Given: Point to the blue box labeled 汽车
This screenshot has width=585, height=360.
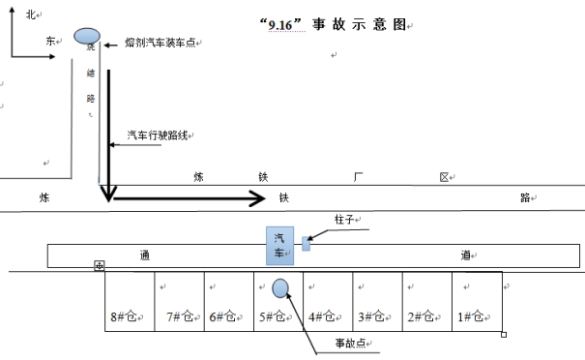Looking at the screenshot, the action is tap(280, 246).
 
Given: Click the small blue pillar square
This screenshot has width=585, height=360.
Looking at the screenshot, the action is tap(307, 244).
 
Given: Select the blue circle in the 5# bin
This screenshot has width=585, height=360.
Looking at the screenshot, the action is tap(281, 287).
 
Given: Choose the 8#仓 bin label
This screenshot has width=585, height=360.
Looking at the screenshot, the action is tap(127, 316).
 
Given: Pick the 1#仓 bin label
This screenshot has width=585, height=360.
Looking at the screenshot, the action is tap(471, 316).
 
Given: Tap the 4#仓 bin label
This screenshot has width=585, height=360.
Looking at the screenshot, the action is tap(323, 316).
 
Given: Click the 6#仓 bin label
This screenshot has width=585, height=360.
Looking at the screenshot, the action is tap(224, 316).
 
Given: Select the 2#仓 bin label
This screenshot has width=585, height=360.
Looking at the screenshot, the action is tap(422, 316).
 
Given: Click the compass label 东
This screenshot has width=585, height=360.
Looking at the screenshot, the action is tap(50, 41).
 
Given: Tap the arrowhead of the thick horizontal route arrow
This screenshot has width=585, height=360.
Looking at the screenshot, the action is tap(259, 198).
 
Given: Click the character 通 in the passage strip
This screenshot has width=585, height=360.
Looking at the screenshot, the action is tap(144, 255).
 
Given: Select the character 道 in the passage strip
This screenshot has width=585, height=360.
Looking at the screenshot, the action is tap(465, 255).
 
